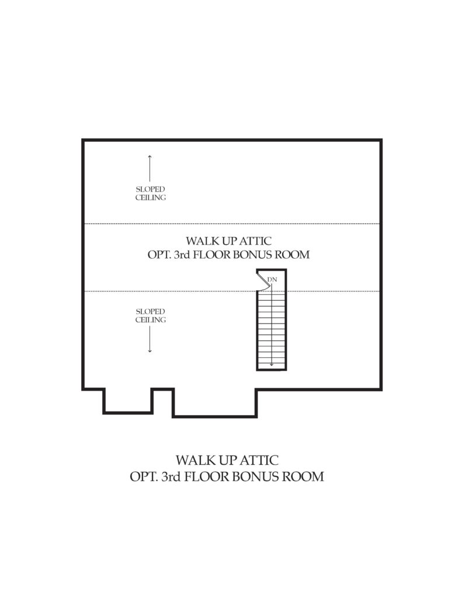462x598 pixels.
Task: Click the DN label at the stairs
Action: (272, 280)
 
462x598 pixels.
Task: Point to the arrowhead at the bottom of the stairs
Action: (272, 364)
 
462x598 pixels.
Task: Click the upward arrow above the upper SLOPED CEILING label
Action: (150, 168)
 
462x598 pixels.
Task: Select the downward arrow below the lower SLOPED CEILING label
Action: (150, 339)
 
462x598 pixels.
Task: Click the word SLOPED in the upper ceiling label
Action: (150, 189)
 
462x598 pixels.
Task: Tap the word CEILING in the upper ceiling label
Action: (151, 197)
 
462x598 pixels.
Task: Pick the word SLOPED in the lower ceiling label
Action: (150, 312)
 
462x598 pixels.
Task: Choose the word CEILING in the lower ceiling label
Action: (151, 320)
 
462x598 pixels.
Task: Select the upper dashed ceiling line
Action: (232, 224)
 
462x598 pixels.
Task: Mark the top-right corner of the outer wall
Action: (381, 140)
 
